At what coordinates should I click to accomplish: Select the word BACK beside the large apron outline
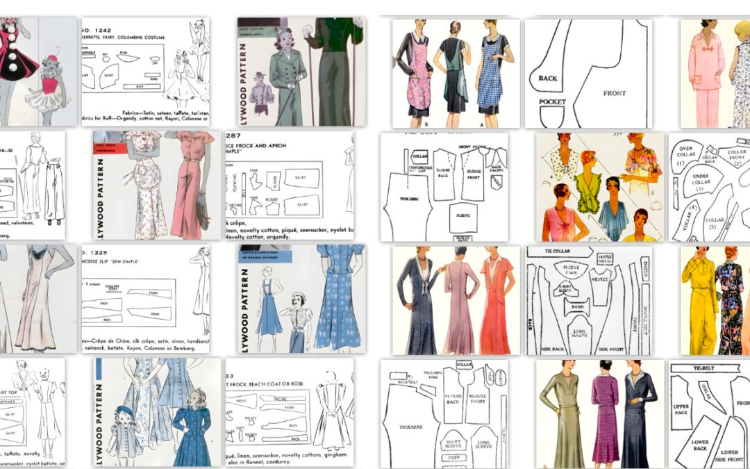click(x=547, y=79)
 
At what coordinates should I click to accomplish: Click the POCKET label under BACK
click(x=552, y=102)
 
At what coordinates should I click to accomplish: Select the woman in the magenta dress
click(x=604, y=417)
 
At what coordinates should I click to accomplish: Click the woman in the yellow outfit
click(x=697, y=299)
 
